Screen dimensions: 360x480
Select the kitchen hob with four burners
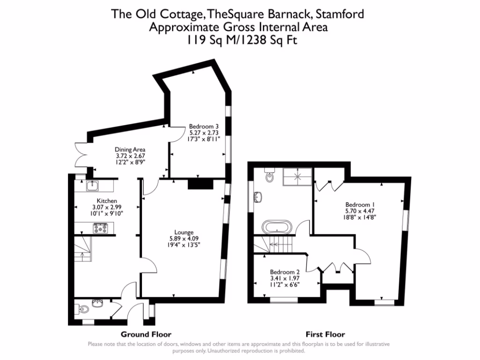[101, 228]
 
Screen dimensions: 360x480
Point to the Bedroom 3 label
[203, 126]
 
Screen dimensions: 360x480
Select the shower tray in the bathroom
[297, 177]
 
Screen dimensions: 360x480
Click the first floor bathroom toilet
[270, 176]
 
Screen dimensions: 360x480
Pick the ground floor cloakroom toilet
[83, 309]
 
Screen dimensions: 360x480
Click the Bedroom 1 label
[360, 204]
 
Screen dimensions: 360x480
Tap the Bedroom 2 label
[285, 272]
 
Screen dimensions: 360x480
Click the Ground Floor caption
[146, 334]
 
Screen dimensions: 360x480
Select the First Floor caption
[325, 334]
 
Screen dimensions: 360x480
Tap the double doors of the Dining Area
[82, 154]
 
